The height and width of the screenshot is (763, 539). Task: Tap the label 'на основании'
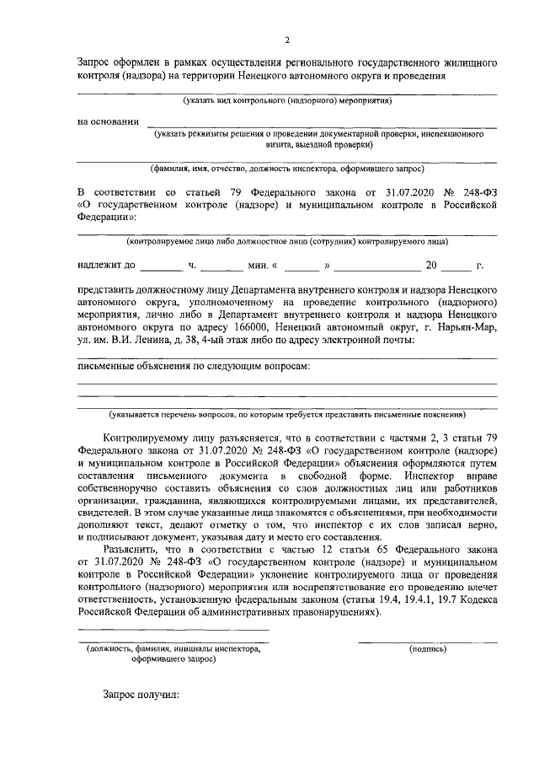point(108,121)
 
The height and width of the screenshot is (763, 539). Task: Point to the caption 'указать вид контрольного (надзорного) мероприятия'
point(289,101)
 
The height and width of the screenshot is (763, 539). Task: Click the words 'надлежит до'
point(106,266)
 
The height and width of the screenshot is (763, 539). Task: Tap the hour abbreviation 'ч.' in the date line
point(192,266)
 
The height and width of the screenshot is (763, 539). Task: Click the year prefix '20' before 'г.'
point(431,266)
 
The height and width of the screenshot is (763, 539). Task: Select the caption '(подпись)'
point(427,649)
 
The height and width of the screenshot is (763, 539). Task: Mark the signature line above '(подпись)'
point(427,642)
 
